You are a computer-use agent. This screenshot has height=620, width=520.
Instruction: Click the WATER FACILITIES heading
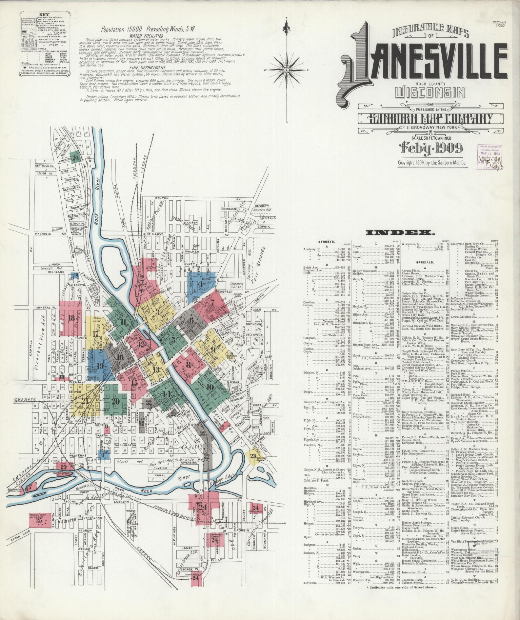pos(146,35)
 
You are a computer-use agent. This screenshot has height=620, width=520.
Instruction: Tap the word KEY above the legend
pos(44,14)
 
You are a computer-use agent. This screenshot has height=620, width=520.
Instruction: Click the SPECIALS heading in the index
pos(425,263)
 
